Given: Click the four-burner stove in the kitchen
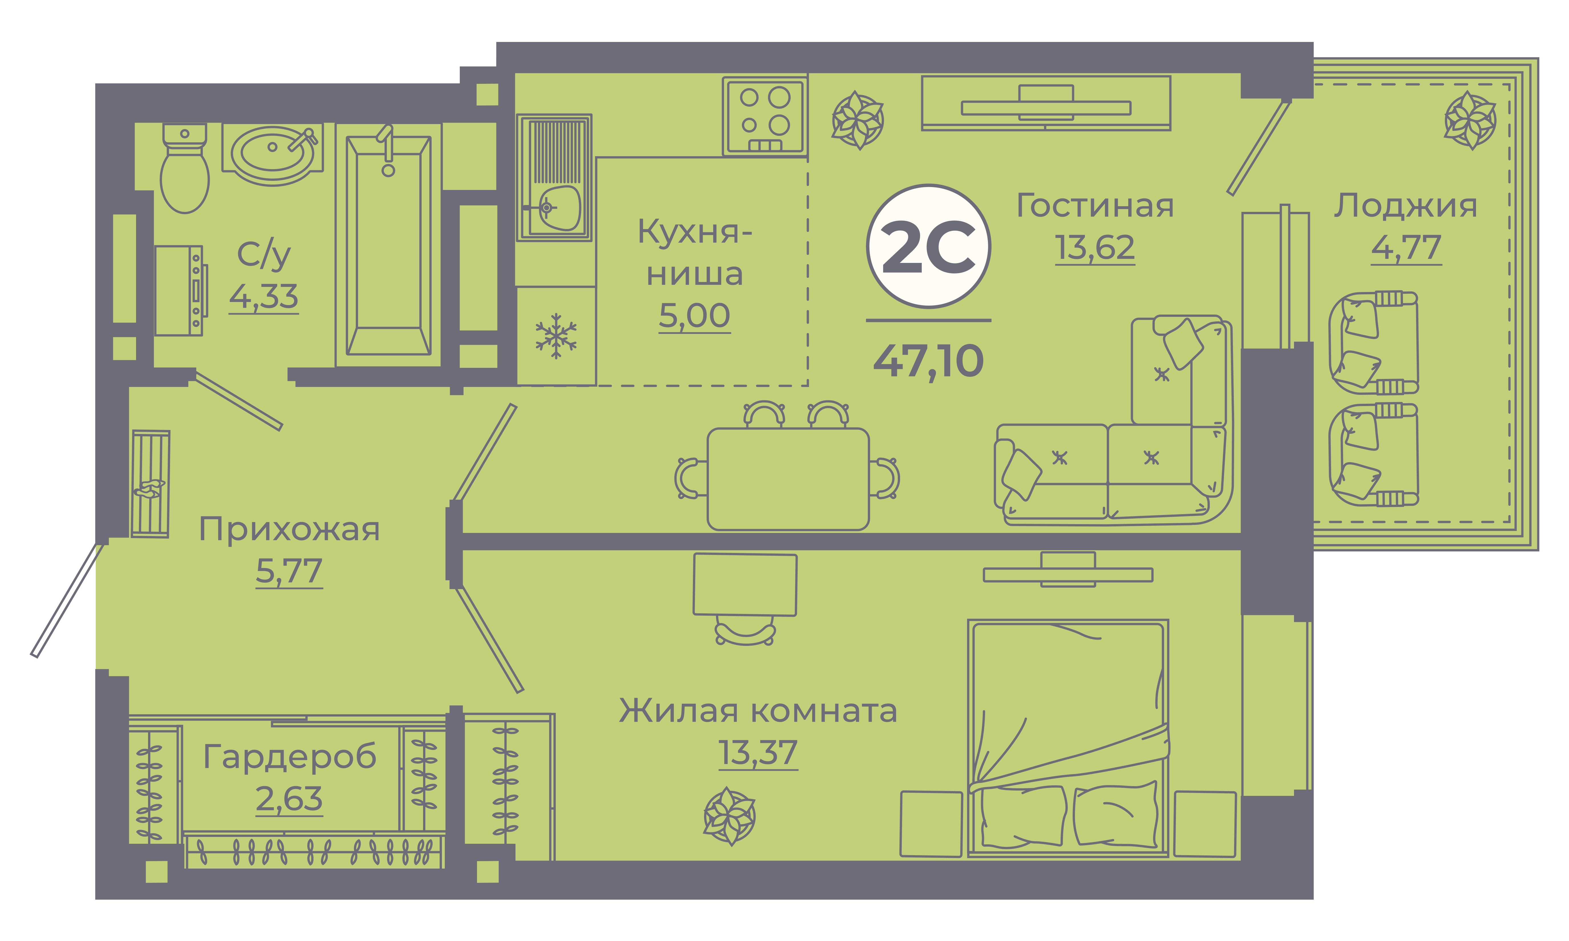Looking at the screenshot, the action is (765, 116).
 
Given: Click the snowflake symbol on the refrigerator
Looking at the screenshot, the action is (556, 335).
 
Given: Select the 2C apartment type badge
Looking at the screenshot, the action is (929, 247).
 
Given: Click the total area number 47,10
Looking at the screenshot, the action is (929, 362).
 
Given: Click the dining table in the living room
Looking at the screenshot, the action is (788, 479).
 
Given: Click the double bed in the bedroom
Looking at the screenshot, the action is (1068, 738).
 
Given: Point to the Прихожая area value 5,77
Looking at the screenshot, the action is (289, 571).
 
